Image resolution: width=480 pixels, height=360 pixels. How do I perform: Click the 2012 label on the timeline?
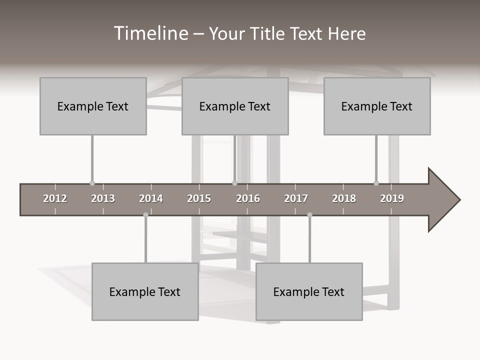coord(55,198)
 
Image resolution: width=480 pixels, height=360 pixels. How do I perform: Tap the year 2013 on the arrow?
coord(103,198)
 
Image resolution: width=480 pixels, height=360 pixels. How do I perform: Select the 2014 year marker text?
coord(151,198)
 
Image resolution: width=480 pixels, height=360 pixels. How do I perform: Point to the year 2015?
coord(199,198)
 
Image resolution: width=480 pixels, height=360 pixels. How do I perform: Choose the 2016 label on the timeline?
coord(248,198)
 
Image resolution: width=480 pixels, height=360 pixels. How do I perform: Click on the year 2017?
coord(296,198)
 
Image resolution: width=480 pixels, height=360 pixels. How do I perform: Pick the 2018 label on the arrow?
coord(344,198)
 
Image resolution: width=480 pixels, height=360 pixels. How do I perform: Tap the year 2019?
coord(392,198)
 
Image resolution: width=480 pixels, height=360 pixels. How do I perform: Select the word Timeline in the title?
coord(150,33)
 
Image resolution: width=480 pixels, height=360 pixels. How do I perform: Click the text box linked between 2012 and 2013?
coord(93,106)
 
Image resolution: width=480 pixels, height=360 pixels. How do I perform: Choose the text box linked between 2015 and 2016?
coord(235,106)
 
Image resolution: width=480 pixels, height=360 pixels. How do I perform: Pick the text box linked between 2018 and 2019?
coord(377,106)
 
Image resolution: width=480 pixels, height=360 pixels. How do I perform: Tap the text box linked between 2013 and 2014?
coord(145,291)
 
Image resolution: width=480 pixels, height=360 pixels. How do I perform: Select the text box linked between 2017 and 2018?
coord(309,291)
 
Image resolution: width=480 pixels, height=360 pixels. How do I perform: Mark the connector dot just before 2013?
coord(92,183)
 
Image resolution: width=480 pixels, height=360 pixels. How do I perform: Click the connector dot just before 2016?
coord(234,183)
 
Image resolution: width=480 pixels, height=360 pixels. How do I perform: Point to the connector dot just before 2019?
coord(376,183)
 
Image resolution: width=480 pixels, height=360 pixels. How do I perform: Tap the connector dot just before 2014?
coord(145,215)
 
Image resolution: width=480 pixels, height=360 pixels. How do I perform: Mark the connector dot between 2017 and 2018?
coord(309,215)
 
